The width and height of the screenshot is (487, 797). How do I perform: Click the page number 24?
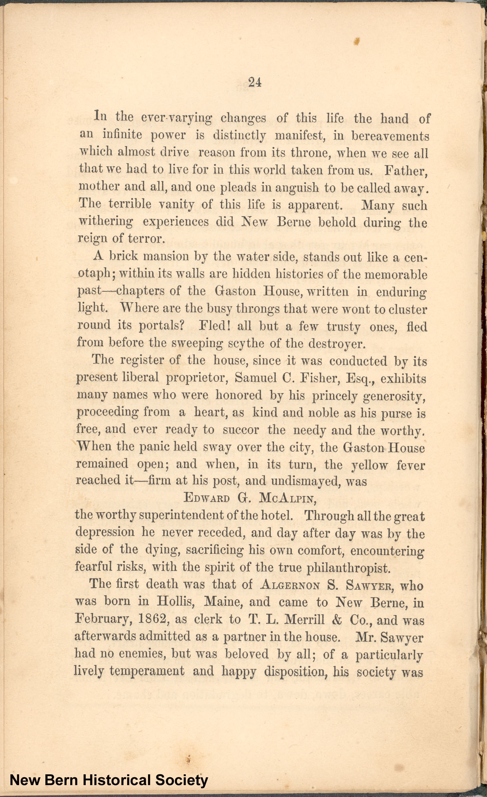pyautogui.click(x=254, y=83)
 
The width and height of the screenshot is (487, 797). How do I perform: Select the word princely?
pyautogui.click(x=334, y=396)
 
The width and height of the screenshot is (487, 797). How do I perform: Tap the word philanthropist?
pyautogui.click(x=348, y=568)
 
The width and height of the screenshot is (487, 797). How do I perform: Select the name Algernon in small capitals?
pyautogui.click(x=290, y=585)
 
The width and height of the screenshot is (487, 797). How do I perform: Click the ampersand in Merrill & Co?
pyautogui.click(x=337, y=620)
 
